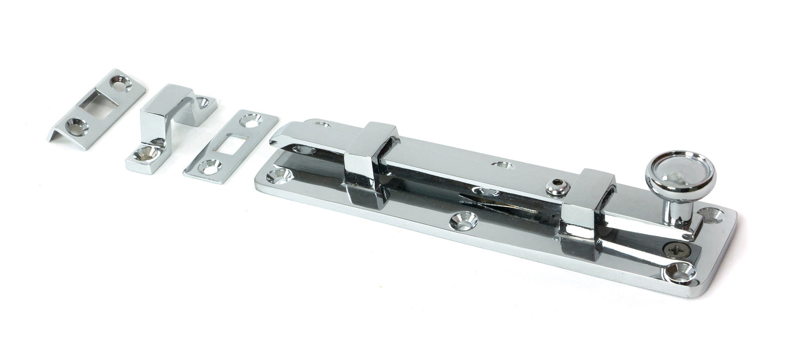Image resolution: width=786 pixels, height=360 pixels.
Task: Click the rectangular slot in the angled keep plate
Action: coord(103,103)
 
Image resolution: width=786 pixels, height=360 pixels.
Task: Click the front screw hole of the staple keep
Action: coord(147,154)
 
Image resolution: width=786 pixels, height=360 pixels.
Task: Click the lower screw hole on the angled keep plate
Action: coord(77,127)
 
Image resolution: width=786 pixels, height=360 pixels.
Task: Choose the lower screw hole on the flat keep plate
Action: coord(209,166)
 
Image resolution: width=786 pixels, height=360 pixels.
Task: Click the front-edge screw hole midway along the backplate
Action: coord(463,220)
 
